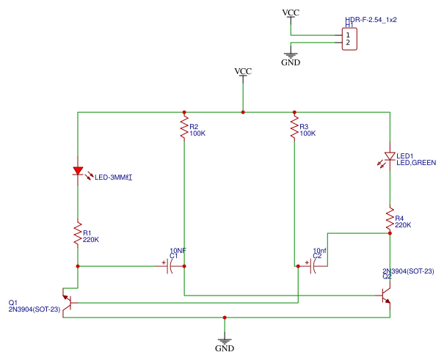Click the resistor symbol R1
point(77,234)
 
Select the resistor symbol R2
point(183,130)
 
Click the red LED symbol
point(78,172)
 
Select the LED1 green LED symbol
point(390,157)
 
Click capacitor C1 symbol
point(170,267)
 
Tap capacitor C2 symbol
point(314,267)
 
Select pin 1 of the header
point(347,34)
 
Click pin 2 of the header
point(347,43)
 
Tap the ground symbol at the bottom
point(225,341)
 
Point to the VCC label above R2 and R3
point(243,71)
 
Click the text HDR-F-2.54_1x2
point(371,20)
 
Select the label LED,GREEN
point(416,162)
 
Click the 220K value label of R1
point(91,239)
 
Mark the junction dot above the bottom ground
point(225,317)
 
